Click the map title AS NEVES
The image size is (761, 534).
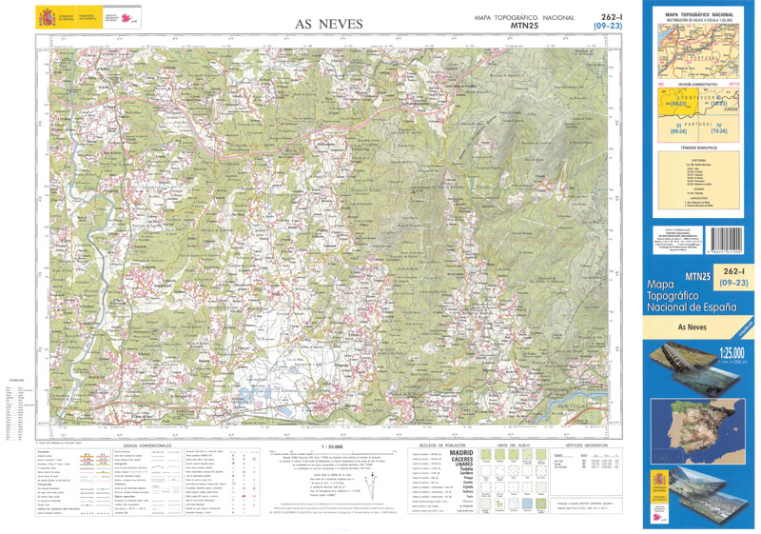click(x=328, y=24)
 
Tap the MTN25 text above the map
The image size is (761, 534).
click(x=524, y=27)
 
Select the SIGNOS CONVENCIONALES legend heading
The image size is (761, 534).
click(x=147, y=445)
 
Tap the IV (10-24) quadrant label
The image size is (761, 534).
click(x=718, y=129)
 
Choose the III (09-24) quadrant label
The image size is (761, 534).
click(x=677, y=129)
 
